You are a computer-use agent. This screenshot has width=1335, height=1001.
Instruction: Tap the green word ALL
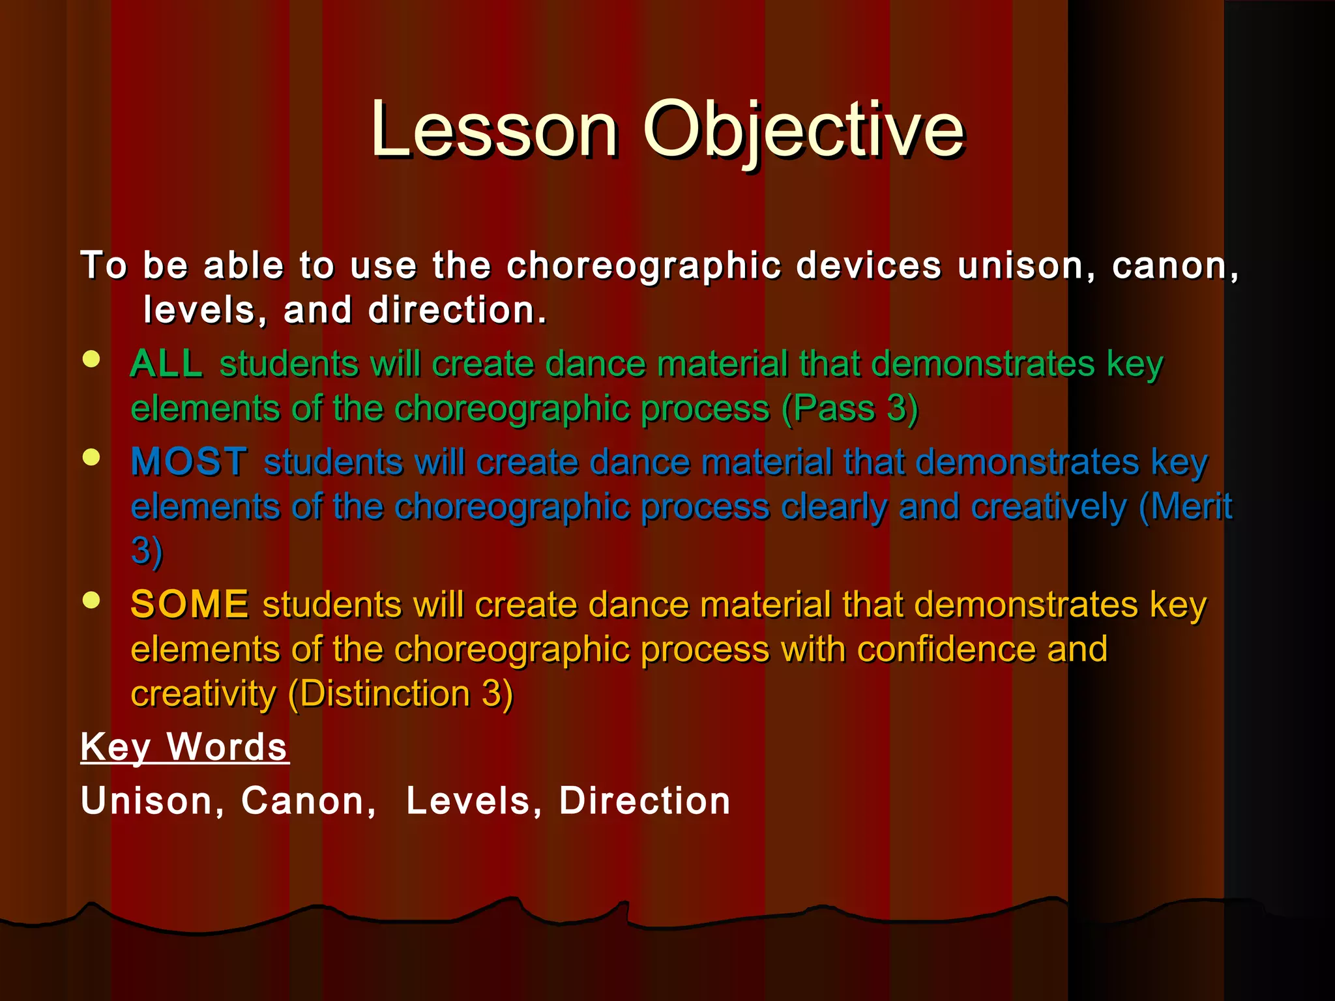(x=166, y=364)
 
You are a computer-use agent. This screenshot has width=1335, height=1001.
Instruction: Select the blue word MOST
(x=189, y=462)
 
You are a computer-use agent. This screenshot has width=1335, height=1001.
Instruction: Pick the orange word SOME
(x=189, y=604)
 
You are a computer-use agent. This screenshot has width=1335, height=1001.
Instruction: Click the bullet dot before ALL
(x=92, y=359)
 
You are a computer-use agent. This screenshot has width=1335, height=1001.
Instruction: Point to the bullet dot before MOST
(x=92, y=457)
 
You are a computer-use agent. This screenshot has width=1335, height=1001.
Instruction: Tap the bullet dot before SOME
(x=92, y=600)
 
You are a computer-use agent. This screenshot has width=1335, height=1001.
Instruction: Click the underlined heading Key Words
(x=184, y=747)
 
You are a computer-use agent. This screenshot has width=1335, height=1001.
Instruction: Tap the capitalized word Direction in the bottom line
(x=645, y=801)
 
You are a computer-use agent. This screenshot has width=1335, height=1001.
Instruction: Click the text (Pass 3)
(x=850, y=409)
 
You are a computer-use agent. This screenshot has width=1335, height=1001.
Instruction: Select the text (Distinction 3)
(x=400, y=693)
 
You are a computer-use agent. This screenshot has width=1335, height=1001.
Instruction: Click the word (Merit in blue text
(x=1185, y=506)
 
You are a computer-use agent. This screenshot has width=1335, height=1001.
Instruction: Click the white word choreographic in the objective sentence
(x=644, y=267)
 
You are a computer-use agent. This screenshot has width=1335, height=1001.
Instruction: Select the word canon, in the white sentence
(x=1175, y=267)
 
